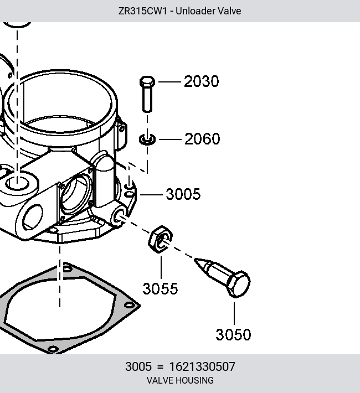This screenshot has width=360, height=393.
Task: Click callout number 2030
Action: click(201, 81)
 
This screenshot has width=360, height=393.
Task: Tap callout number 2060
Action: click(202, 139)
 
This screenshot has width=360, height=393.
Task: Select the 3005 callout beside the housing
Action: click(183, 194)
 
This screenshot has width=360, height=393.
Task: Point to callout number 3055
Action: click(160, 288)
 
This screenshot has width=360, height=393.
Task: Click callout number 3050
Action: click(233, 334)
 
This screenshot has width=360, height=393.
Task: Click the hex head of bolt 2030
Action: click(147, 81)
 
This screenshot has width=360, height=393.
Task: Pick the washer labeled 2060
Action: click(147, 139)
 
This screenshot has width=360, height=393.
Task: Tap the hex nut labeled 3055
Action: click(160, 239)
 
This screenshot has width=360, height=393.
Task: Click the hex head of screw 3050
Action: click(238, 284)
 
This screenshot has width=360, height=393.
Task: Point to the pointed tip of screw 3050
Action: click(195, 260)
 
